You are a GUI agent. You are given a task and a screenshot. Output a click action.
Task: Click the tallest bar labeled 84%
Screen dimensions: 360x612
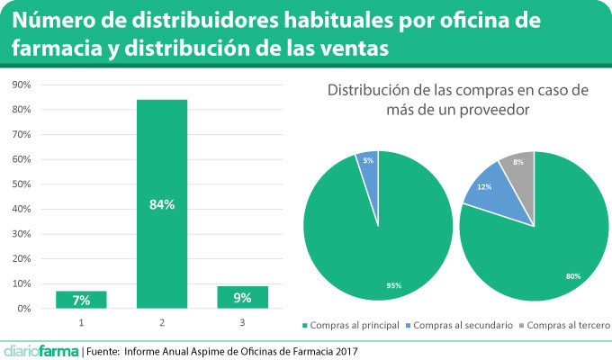(x=162, y=203)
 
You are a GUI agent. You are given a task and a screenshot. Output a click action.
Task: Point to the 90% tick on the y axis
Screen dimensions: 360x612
(x=22, y=85)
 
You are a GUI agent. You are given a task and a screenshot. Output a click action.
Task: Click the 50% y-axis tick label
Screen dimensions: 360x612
(x=22, y=184)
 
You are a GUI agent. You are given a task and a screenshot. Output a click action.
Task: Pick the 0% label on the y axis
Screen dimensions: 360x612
(x=24, y=309)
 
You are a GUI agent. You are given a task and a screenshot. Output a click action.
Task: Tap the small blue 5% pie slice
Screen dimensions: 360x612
(x=368, y=166)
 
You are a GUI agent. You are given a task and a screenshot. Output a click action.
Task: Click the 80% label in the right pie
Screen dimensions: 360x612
(x=572, y=276)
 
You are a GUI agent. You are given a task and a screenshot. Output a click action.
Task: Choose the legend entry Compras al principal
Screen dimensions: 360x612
(x=355, y=324)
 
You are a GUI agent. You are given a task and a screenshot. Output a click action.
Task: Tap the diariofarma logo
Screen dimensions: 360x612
(x=40, y=350)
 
